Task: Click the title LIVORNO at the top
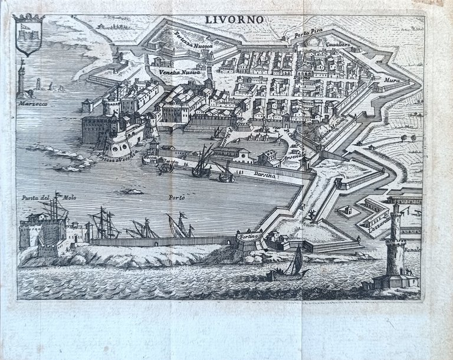tap(235, 19)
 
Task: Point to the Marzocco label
tap(31, 102)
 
